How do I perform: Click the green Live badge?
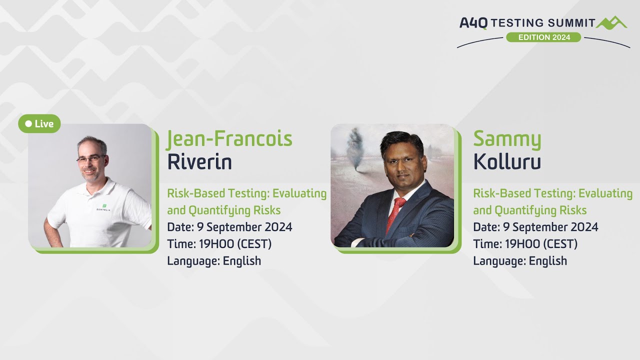click(39, 123)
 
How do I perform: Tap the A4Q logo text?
click(473, 23)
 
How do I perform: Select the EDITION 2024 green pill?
click(543, 37)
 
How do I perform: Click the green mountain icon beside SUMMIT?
click(611, 22)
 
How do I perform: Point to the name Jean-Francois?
click(229, 138)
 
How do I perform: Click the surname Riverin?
click(199, 162)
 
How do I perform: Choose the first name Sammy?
click(507, 138)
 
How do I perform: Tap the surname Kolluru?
click(507, 162)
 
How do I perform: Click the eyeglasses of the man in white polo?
click(90, 159)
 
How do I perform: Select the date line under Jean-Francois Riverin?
click(229, 227)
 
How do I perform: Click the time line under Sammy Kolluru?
click(525, 244)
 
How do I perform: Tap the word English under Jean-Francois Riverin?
click(242, 261)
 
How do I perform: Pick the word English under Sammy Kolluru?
click(548, 261)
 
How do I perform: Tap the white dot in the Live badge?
click(28, 123)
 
